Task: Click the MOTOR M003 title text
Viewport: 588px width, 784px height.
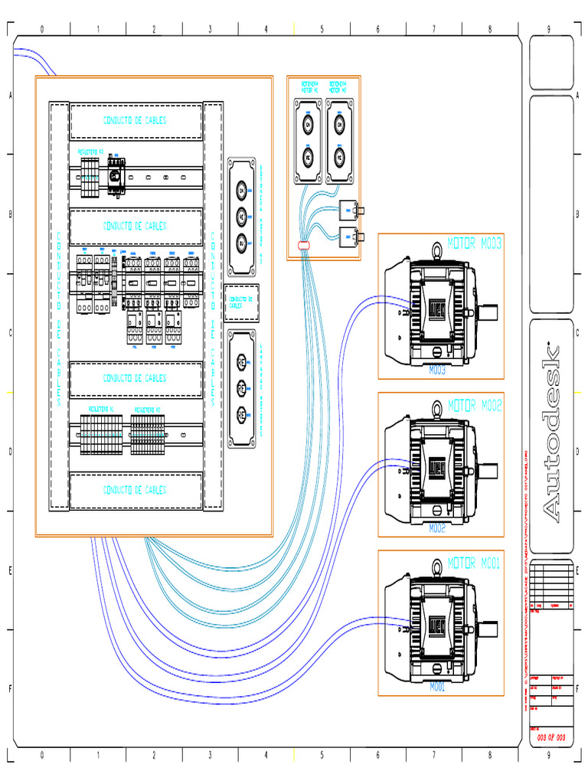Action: [474, 244]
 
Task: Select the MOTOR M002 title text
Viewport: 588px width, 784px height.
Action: [474, 404]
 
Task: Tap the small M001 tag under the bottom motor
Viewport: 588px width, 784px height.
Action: [437, 687]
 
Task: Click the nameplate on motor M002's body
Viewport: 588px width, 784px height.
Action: [437, 466]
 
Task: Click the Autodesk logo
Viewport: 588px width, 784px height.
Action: [552, 435]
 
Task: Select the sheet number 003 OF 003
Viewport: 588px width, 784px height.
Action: [551, 737]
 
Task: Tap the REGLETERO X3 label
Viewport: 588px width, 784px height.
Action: [92, 152]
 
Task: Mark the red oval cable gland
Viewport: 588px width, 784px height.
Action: [303, 246]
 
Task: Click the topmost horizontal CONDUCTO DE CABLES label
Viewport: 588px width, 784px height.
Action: [136, 120]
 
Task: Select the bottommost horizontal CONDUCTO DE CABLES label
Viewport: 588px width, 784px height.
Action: [136, 490]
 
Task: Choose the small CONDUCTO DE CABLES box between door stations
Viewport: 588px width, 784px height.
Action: [241, 302]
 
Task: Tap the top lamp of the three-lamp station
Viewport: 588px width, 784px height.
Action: [241, 361]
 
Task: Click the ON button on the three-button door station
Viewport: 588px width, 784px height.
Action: [241, 189]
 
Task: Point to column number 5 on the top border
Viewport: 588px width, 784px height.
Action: [322, 29]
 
